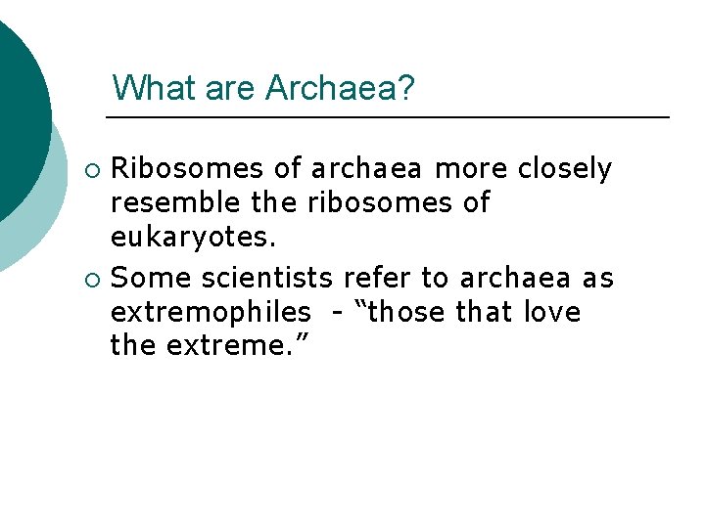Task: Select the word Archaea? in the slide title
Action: pyautogui.click(x=340, y=88)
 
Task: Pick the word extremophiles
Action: pyautogui.click(x=210, y=313)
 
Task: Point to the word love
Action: pyautogui.click(x=551, y=313)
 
